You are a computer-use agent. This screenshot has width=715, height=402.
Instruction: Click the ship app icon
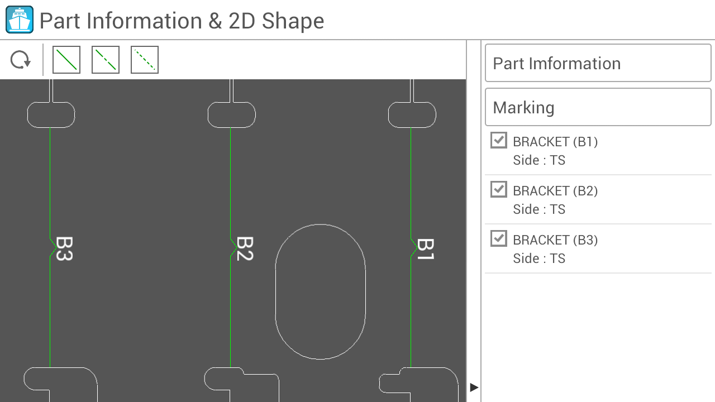tap(20, 20)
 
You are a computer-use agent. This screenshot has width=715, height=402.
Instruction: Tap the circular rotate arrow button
tap(21, 60)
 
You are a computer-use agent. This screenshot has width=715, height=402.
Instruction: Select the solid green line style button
tap(66, 60)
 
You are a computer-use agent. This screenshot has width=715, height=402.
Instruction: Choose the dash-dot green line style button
tap(106, 60)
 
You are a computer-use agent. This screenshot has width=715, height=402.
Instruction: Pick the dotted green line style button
tap(145, 60)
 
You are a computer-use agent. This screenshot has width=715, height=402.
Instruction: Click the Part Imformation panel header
tap(598, 63)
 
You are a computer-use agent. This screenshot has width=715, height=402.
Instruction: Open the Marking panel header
tap(598, 107)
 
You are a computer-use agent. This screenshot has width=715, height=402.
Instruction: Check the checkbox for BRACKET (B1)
tap(499, 140)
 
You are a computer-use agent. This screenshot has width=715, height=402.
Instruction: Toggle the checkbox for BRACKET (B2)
tap(499, 189)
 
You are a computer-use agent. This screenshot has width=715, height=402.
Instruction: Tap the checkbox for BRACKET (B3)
tap(499, 238)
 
